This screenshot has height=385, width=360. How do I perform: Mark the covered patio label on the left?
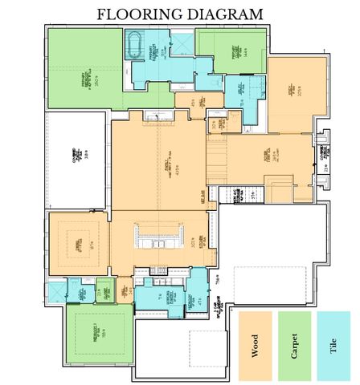(x=73, y=155)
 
